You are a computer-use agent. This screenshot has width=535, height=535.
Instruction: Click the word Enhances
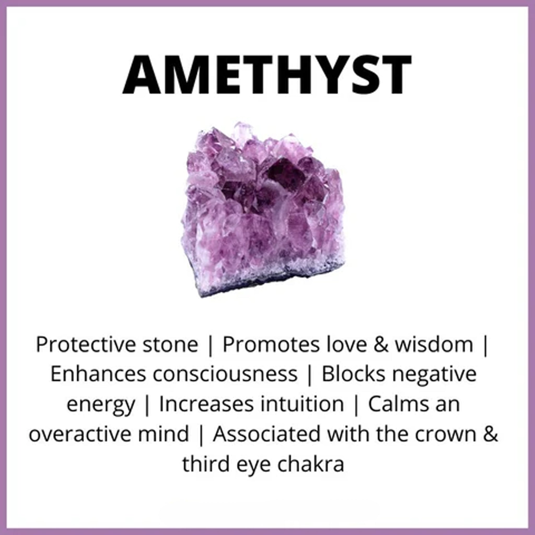[98, 374]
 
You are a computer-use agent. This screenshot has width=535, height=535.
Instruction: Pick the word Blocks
[353, 374]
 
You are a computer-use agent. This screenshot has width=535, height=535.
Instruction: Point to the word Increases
[207, 404]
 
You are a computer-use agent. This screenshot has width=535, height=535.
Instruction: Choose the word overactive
[80, 434]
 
